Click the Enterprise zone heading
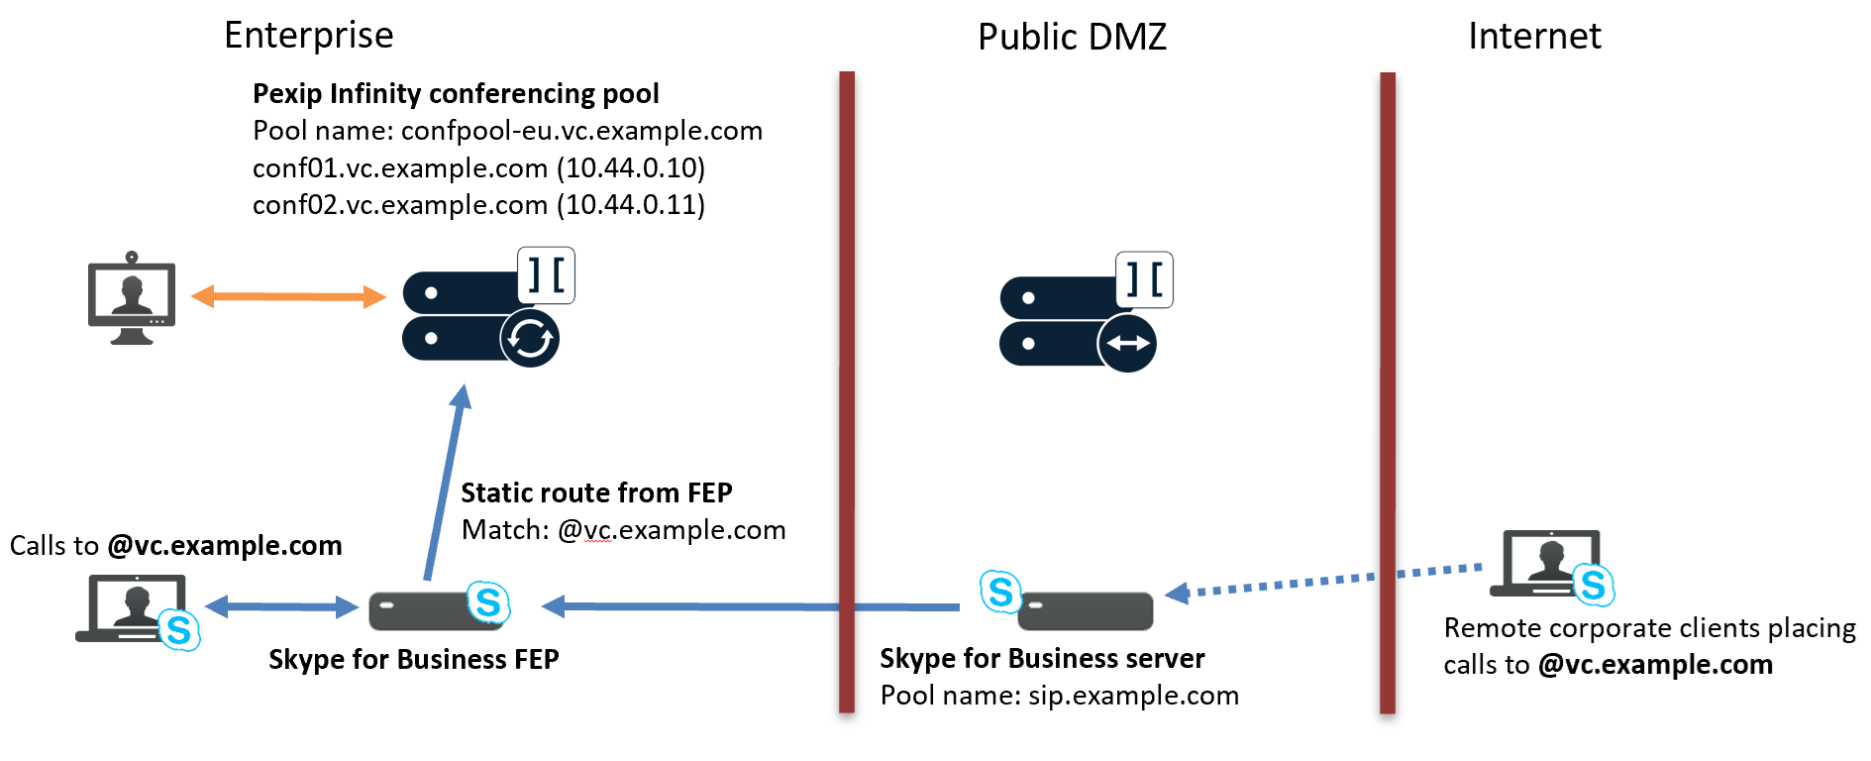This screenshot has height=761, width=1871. tap(308, 36)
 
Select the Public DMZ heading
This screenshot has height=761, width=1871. tap(1072, 38)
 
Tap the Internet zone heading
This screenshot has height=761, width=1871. tap(1533, 37)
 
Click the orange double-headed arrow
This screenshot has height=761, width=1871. tap(287, 296)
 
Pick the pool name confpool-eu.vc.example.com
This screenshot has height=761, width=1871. tap(581, 131)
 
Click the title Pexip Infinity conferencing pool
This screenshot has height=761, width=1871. tap(456, 94)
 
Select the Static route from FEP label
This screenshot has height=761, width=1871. tap(596, 493)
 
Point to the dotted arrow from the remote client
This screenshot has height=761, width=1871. tap(1327, 581)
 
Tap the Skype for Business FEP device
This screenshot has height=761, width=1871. tap(436, 609)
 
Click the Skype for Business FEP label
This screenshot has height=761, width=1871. tap(413, 660)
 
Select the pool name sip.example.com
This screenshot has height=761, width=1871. tap(1133, 696)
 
